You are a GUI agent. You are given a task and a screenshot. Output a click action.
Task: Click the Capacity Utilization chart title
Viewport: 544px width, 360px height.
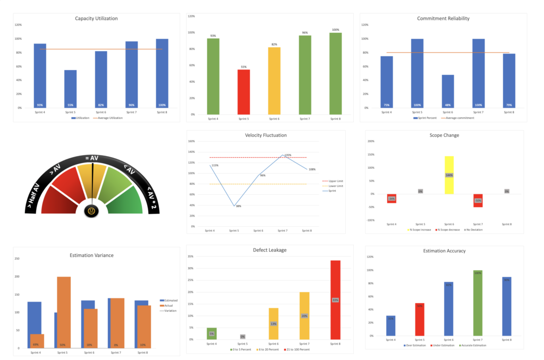pos(96,19)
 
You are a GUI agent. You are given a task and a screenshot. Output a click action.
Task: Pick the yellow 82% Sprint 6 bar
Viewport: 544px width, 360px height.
pos(274,81)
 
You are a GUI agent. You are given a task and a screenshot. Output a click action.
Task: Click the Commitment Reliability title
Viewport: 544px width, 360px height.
pos(443,19)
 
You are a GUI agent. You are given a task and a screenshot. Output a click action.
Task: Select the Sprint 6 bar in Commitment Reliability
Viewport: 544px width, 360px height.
pos(447,91)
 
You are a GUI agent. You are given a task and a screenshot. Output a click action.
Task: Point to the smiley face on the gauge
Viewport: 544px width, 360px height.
pos(91,211)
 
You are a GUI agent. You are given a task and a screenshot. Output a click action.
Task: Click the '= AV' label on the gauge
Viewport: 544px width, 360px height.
pos(92,158)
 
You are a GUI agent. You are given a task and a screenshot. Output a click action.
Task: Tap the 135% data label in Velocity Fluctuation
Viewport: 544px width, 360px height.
pos(287,155)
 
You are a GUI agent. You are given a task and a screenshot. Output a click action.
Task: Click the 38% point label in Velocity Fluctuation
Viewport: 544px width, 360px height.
pos(238,206)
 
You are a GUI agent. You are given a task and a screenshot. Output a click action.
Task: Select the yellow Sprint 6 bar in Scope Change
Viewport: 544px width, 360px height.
pos(449,175)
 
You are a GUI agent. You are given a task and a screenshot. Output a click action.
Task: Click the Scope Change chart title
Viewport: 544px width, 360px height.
pos(444,135)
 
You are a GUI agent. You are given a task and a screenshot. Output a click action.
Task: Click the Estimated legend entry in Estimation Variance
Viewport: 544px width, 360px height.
pos(169,301)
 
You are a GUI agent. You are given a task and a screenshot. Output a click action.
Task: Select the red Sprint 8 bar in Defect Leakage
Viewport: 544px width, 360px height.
pos(335,299)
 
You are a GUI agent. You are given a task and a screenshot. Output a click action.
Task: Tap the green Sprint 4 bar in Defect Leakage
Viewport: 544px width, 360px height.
pos(211,333)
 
